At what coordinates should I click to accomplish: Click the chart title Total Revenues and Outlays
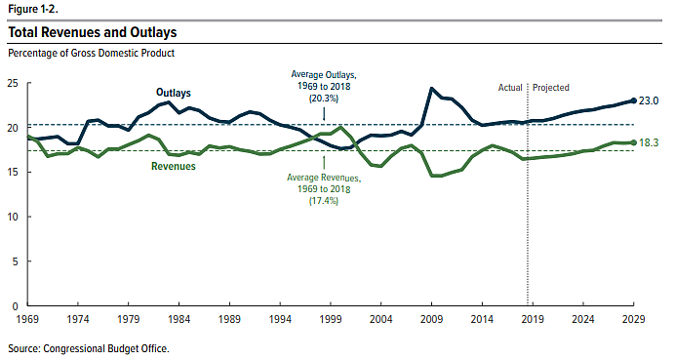[93, 32]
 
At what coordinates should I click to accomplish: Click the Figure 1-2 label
[33, 8]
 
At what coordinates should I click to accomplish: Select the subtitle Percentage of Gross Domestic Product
[92, 53]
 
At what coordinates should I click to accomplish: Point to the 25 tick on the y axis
[14, 84]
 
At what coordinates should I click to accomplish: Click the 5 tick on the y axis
[17, 261]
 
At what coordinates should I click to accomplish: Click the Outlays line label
[174, 93]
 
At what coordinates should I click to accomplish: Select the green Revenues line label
[174, 167]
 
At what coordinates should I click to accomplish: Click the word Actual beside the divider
[510, 87]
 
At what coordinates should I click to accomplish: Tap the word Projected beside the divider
[552, 87]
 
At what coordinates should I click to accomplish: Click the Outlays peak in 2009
[431, 89]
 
